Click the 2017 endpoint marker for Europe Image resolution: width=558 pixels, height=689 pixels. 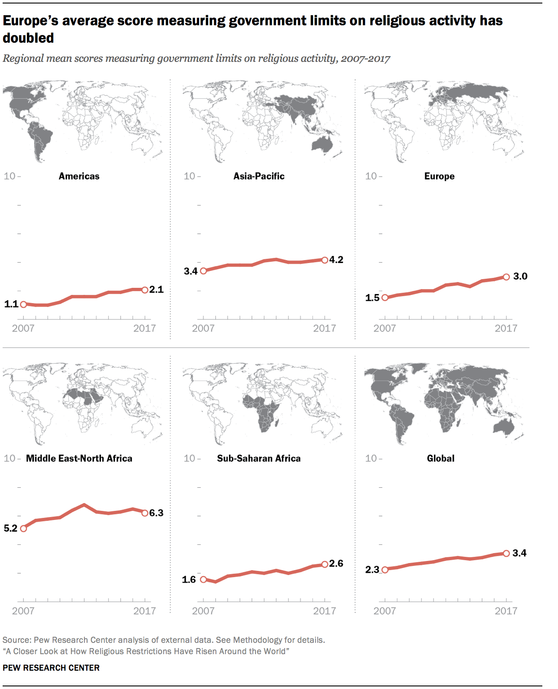(506, 277)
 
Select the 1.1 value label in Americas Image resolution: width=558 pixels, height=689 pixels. (11, 304)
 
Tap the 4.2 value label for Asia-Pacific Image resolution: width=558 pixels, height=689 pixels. (336, 260)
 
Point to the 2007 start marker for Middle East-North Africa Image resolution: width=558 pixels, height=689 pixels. (24, 529)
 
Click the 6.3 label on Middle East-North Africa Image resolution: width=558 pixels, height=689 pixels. (156, 513)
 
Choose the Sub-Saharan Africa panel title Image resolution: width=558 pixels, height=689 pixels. (259, 459)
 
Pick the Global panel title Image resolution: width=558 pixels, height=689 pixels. (440, 459)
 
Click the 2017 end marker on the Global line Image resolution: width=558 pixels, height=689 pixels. (506, 554)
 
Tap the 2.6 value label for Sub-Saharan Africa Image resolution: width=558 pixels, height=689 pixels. (336, 564)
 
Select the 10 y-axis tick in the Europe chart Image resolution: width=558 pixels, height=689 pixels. (371, 176)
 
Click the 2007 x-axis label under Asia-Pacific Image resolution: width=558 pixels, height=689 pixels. (203, 328)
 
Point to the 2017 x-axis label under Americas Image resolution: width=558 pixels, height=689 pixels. (145, 328)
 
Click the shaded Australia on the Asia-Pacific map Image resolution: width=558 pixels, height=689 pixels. (322, 144)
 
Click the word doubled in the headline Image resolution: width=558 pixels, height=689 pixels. (28, 38)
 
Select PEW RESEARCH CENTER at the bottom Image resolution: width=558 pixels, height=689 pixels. (51, 668)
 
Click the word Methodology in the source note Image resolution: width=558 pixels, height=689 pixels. (258, 640)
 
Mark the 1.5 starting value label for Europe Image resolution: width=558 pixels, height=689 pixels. (372, 298)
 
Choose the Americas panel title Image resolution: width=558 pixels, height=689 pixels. (79, 176)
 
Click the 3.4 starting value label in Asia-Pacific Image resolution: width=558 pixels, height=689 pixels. (191, 271)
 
